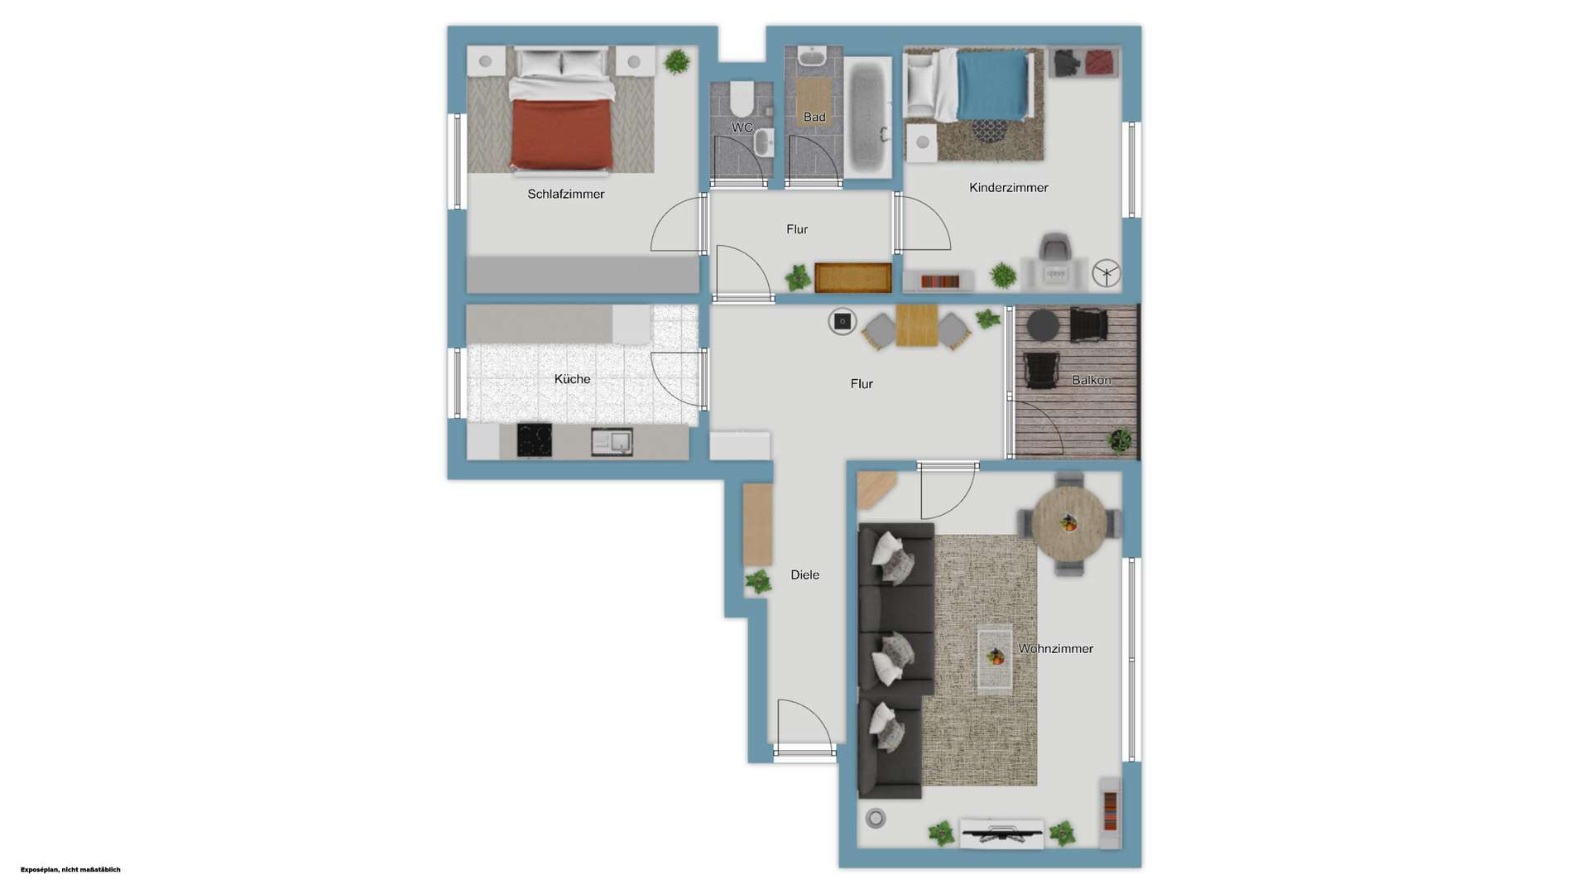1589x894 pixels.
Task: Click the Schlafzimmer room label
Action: (566, 194)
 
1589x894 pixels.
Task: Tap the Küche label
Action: (572, 379)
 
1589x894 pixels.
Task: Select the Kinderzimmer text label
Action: (1008, 188)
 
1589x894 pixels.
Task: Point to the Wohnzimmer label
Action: (1055, 649)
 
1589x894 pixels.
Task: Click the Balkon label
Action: (1091, 381)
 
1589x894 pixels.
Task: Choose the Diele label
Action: (804, 575)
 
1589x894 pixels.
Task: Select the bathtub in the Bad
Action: (867, 117)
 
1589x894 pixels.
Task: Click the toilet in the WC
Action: (742, 98)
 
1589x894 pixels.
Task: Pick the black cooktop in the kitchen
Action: (535, 440)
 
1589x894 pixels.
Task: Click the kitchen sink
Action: (612, 442)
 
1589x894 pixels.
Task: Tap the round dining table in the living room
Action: (1068, 524)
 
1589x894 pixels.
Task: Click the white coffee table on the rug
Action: (995, 658)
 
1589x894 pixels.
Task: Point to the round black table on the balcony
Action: (1042, 325)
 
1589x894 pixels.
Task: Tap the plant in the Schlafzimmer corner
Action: (676, 61)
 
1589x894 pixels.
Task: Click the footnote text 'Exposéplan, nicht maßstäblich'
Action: (70, 869)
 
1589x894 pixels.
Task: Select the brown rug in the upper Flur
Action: (852, 278)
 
